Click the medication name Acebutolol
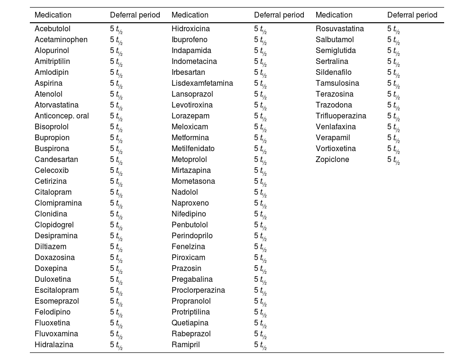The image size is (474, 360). pos(52,29)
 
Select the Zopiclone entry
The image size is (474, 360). pos(332,160)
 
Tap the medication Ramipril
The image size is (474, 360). pos(186,344)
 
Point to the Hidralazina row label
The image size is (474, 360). pos(54,344)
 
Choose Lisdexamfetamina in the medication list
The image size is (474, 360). pos(202,83)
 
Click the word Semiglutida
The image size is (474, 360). pos(336,50)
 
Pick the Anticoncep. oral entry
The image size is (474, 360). pos(62,116)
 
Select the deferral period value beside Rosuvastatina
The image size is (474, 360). pos(393,29)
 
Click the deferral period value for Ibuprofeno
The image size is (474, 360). pos(260,40)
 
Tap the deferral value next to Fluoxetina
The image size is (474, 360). pos(116,324)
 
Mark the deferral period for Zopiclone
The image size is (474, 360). pos(393,160)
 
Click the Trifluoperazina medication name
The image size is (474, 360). pos(341,116)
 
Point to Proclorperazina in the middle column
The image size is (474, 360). pos(198,290)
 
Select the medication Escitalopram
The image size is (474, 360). pos(56,290)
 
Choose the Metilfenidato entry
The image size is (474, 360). pos(193,149)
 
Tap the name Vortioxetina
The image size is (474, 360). pos(336,149)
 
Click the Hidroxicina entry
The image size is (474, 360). pos(191,29)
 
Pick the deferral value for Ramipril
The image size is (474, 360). pos(260,345)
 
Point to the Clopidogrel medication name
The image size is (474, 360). pos(54,225)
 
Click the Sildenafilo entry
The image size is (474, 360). pos(333,72)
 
